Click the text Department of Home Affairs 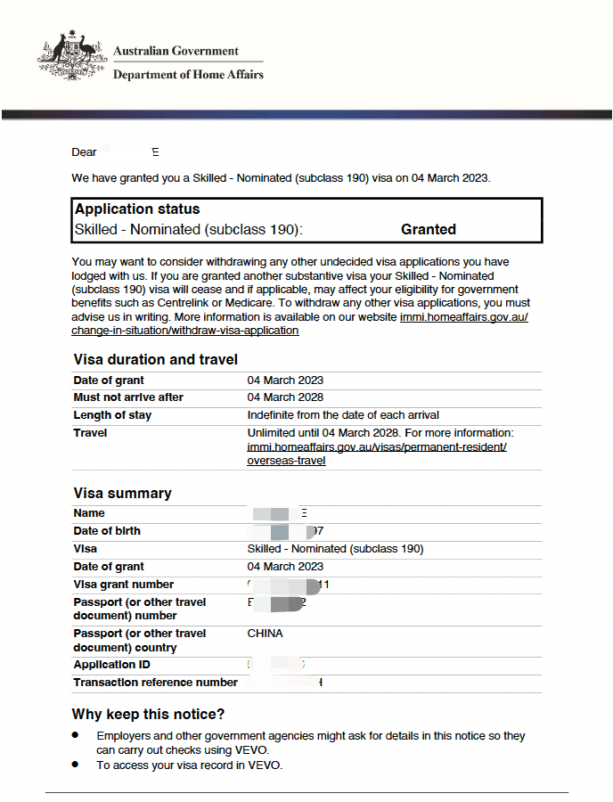(x=188, y=75)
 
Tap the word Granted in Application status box (x=428, y=229)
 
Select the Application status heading (x=137, y=209)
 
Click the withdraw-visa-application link (x=185, y=331)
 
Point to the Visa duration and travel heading (x=155, y=359)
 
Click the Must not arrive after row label (x=128, y=397)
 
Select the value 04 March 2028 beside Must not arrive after (x=285, y=397)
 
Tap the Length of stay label (x=112, y=415)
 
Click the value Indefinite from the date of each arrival (x=343, y=415)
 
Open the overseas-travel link (x=286, y=461)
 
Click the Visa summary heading (x=121, y=493)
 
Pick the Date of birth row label (x=107, y=531)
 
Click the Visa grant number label (x=125, y=585)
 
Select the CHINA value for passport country (x=265, y=634)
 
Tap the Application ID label (x=111, y=665)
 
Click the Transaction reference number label (x=155, y=683)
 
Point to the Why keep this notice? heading (x=148, y=714)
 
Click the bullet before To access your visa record (x=76, y=765)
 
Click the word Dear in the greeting (x=84, y=152)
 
